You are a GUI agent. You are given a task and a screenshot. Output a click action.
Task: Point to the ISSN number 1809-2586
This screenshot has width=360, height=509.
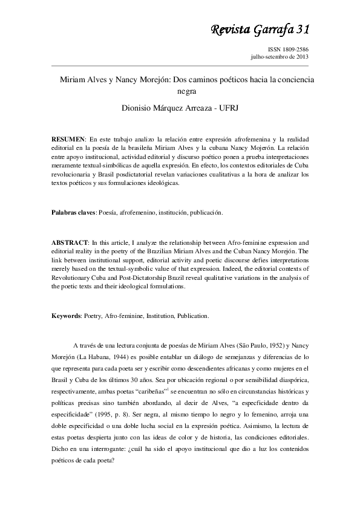(x=288, y=50)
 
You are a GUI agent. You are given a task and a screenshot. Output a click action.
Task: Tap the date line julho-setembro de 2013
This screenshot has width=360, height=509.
(x=280, y=57)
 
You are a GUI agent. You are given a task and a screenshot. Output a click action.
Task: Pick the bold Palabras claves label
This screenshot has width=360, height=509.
(x=73, y=213)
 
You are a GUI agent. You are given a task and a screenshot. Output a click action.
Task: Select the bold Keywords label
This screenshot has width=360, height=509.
(x=66, y=316)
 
